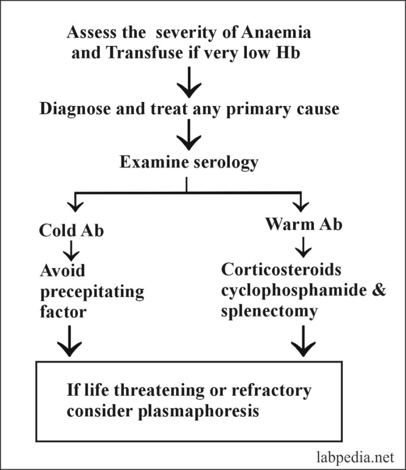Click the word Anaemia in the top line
click(x=276, y=33)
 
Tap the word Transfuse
click(x=145, y=53)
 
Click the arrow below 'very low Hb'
click(x=189, y=82)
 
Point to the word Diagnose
click(x=75, y=109)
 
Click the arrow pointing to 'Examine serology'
click(x=189, y=134)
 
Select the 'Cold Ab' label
click(x=71, y=230)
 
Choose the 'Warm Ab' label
click(x=304, y=224)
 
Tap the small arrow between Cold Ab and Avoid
click(x=71, y=251)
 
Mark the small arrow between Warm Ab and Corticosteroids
click(x=303, y=247)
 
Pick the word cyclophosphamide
click(x=294, y=291)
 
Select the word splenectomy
click(x=269, y=312)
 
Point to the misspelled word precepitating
click(x=92, y=292)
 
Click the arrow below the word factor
click(x=70, y=341)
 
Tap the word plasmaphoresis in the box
click(x=198, y=411)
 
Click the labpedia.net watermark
click(x=355, y=458)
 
